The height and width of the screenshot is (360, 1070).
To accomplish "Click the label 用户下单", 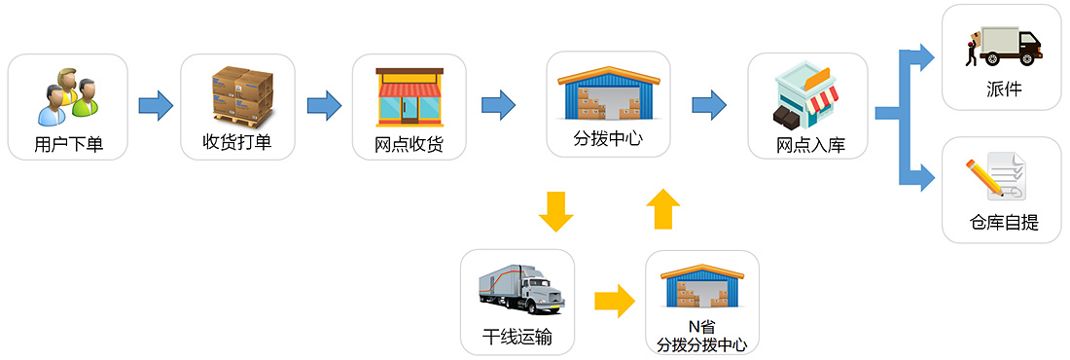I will [x=68, y=146].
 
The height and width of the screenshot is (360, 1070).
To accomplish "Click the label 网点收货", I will [x=410, y=146].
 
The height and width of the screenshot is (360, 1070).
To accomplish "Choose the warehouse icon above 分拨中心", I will [x=608, y=92].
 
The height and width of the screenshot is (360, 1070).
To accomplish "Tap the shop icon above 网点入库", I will [x=806, y=95].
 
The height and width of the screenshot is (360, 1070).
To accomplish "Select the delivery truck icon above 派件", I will [x=1003, y=46].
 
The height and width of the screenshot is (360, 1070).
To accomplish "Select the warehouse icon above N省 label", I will [x=702, y=287].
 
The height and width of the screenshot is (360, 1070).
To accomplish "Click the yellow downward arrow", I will [x=555, y=211].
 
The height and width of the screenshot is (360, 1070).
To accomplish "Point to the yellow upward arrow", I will [x=663, y=209].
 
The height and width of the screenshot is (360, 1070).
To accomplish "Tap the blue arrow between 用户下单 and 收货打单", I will [x=155, y=104].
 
